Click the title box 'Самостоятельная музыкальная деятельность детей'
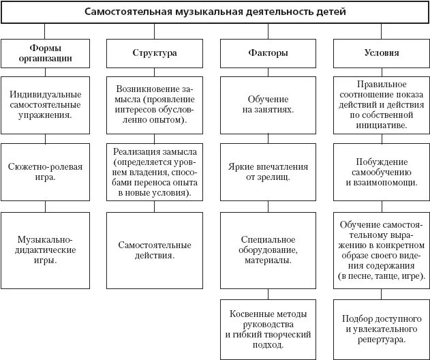point(215,12)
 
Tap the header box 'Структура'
point(154,52)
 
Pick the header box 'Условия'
point(381,52)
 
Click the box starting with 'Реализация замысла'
point(154,171)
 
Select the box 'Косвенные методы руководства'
point(268,329)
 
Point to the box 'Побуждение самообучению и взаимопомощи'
point(381,171)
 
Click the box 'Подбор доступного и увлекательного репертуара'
point(381,329)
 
